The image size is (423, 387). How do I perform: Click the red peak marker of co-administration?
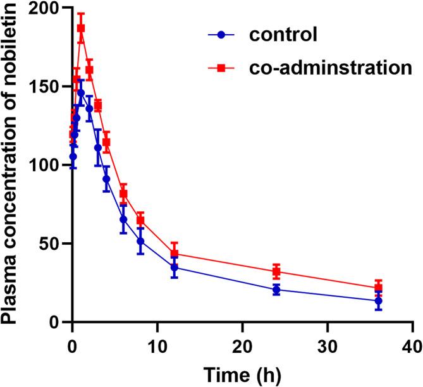81,28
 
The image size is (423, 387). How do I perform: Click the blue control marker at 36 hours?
378,301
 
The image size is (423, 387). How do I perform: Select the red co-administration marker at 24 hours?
276,271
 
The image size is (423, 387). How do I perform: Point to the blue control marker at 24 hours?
276,290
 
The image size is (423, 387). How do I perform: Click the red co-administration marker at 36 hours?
378,288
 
